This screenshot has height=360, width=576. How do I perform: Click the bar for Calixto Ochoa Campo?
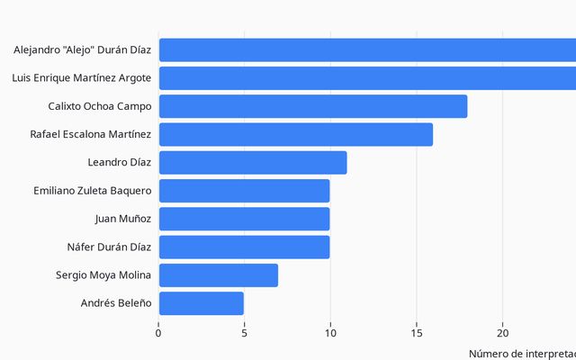(x=313, y=106)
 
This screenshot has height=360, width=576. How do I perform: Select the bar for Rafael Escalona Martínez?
(x=296, y=134)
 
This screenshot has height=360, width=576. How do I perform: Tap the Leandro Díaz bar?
(x=253, y=163)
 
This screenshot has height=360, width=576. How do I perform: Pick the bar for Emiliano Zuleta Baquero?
(x=244, y=191)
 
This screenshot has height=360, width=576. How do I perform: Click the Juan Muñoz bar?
(x=244, y=219)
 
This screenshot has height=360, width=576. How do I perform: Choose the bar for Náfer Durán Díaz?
(x=244, y=247)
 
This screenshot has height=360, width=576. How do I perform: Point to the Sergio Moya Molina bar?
(x=219, y=274)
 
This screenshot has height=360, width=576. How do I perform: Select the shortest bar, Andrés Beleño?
(x=202, y=303)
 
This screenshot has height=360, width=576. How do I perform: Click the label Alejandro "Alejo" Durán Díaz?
(x=82, y=50)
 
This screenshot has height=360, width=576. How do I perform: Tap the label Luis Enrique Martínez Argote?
(x=81, y=78)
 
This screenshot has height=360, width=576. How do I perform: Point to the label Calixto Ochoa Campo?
(x=100, y=106)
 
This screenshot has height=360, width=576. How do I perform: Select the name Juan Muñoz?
(x=122, y=219)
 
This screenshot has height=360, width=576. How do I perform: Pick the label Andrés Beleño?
(x=116, y=303)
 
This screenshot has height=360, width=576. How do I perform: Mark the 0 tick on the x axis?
(x=158, y=332)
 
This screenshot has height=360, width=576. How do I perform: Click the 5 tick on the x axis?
(x=244, y=332)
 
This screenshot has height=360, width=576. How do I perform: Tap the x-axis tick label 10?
(x=330, y=332)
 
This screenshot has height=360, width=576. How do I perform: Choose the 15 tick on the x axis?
(x=416, y=332)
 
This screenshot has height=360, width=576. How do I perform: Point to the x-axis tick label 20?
(x=502, y=332)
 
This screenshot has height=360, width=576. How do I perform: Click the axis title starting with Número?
(x=522, y=354)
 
